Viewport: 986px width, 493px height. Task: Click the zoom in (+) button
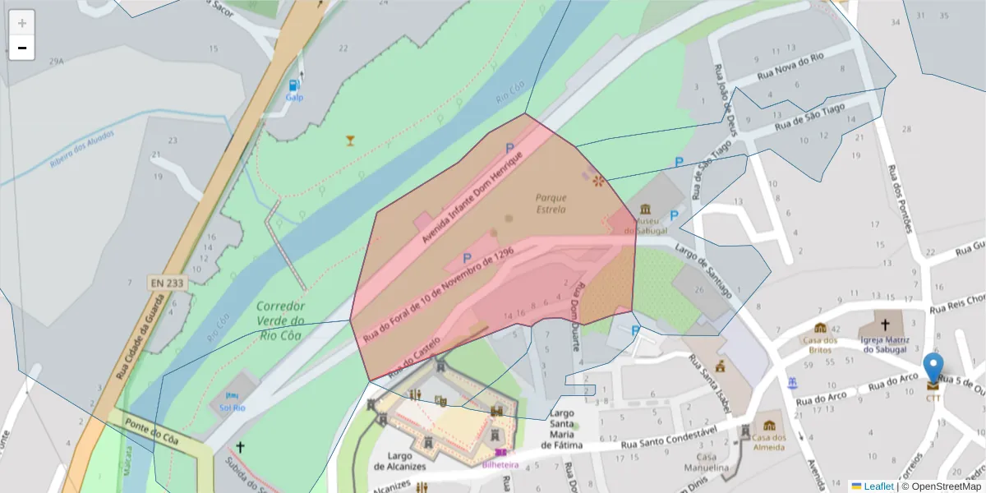(x=22, y=23)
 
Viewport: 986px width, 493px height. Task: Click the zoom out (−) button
(x=22, y=48)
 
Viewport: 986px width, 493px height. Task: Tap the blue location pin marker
(x=933, y=370)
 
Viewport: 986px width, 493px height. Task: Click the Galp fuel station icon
(x=294, y=85)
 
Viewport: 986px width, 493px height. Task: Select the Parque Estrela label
(x=551, y=203)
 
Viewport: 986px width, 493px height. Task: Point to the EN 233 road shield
(x=168, y=283)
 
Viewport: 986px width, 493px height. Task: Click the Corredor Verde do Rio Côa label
(x=280, y=320)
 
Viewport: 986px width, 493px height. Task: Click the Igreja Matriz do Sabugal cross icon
(x=884, y=326)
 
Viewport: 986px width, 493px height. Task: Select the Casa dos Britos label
(x=819, y=345)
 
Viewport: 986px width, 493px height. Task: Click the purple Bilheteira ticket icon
(x=500, y=452)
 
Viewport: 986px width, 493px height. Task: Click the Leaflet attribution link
(x=878, y=486)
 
